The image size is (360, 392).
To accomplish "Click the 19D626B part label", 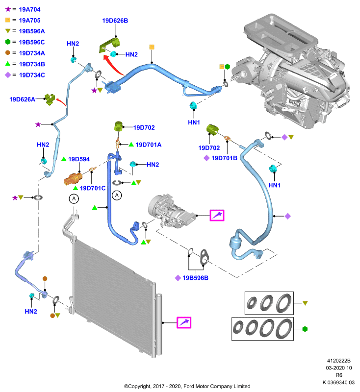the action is tap(115, 21).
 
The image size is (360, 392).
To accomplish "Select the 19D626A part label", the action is tap(22, 99).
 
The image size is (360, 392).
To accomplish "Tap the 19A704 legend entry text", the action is tap(29, 9).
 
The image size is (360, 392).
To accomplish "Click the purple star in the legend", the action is tap(8, 9).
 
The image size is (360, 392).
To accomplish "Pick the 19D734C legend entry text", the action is tap(32, 75).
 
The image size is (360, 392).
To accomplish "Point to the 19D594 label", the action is tap(79, 159).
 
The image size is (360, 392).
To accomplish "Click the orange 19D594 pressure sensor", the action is tap(73, 178).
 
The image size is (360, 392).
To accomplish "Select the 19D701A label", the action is tap(148, 145).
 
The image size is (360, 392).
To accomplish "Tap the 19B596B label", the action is tap(195, 278).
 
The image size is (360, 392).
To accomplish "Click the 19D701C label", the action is tap(93, 188).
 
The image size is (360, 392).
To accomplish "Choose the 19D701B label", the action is tap(224, 158).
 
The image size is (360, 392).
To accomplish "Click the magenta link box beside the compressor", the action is tap(217, 215).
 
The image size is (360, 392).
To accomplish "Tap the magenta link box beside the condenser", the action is tap(184, 322).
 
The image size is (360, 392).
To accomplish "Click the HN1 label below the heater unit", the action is tap(194, 122).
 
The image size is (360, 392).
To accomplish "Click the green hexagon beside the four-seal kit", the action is tap(305, 329).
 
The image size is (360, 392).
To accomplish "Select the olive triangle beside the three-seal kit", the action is tap(305, 303).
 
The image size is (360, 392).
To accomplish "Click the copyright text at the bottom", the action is tap(187, 386).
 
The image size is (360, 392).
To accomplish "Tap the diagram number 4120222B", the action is tap(339, 361).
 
